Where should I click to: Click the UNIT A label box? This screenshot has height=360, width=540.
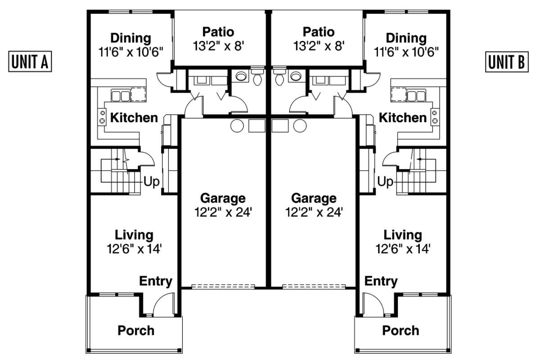click(30, 62)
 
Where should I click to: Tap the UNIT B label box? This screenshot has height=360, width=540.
click(507, 62)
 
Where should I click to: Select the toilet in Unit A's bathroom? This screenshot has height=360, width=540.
click(257, 76)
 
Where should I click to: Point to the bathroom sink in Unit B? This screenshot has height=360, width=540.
click(296, 76)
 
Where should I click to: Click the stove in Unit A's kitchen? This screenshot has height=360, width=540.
click(102, 117)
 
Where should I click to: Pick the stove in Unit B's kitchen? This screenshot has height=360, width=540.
click(435, 117)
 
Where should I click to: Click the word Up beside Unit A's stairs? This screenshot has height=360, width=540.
click(151, 181)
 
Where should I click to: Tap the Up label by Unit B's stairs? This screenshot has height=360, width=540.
click(385, 181)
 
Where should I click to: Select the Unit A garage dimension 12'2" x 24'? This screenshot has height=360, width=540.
click(223, 212)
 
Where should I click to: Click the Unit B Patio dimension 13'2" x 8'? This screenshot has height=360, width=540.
click(319, 46)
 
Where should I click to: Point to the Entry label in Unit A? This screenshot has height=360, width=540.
click(156, 281)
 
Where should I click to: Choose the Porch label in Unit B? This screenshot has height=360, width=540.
click(400, 330)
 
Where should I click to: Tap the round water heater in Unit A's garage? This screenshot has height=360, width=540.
click(237, 126)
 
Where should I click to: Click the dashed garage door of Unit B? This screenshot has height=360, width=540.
click(314, 287)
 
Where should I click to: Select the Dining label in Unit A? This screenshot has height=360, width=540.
click(131, 38)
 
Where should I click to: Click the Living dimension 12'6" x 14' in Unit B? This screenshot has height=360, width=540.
click(403, 248)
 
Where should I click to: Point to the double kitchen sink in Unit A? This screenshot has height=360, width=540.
click(121, 95)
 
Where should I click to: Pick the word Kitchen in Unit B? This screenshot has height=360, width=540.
click(403, 117)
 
